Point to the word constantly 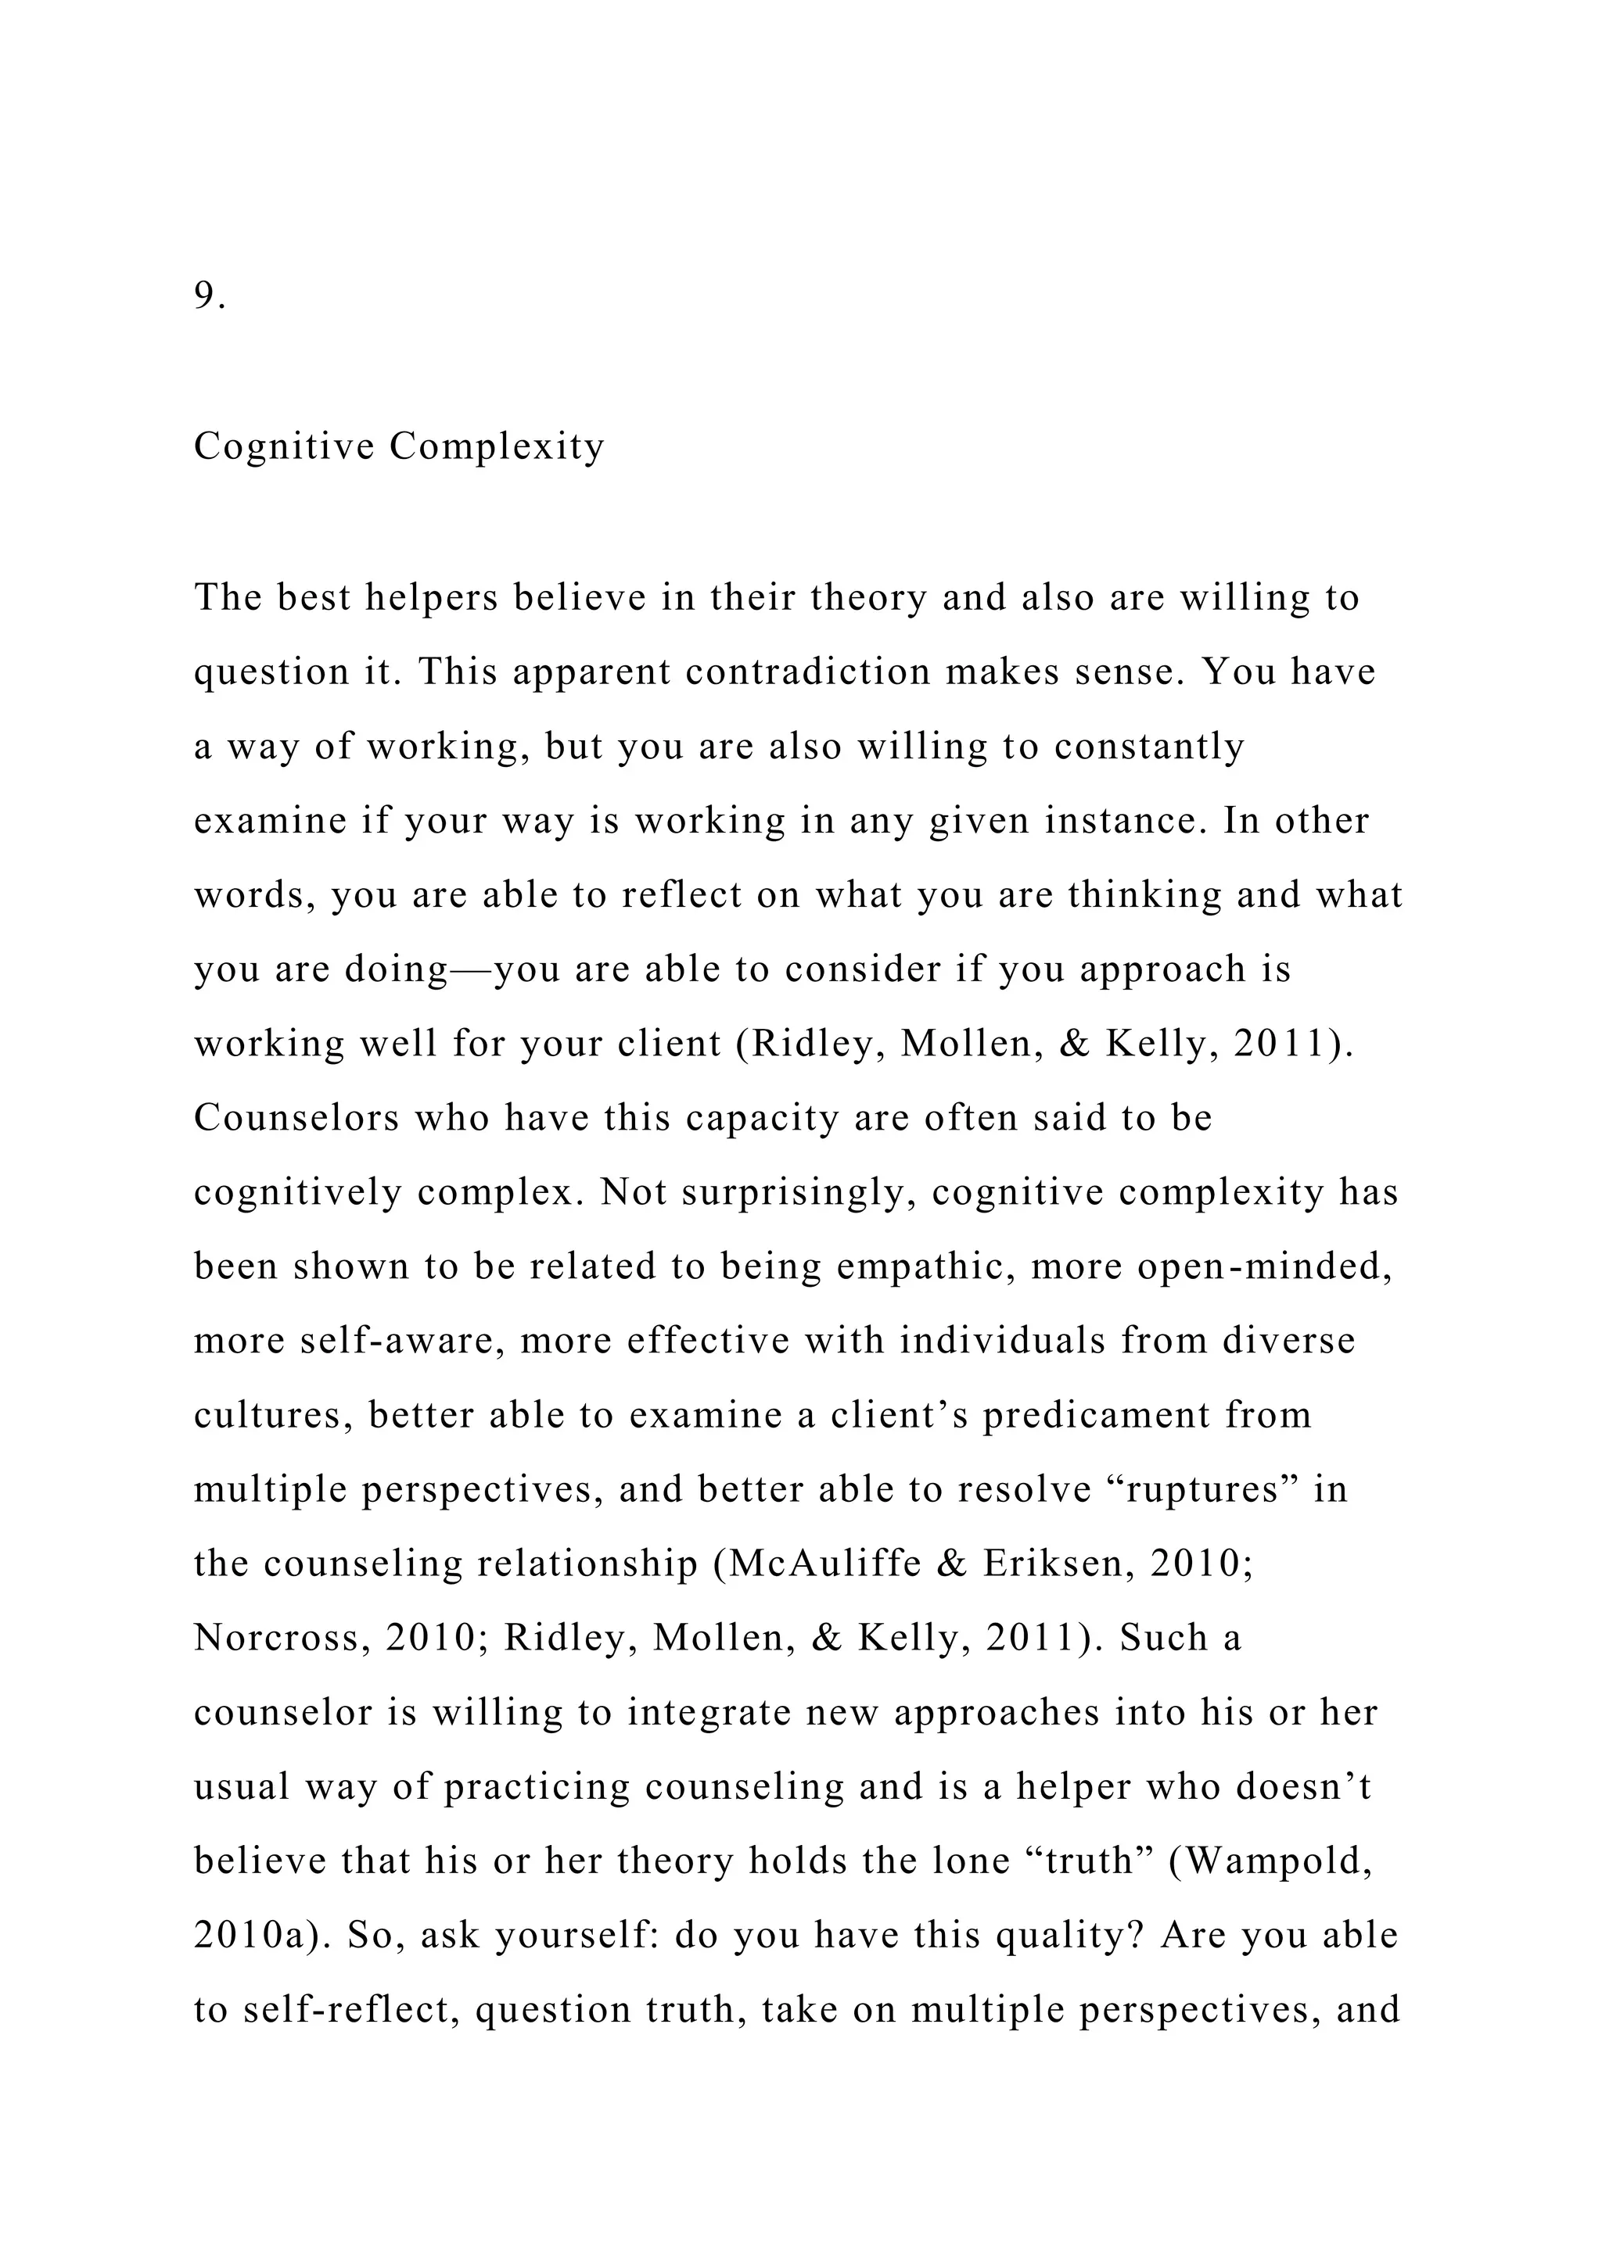point(1149,747)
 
